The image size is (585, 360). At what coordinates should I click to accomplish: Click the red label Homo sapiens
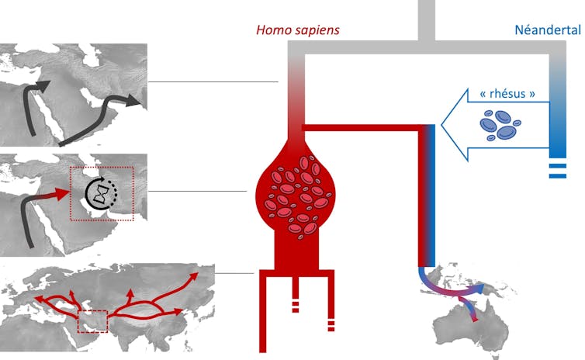298,30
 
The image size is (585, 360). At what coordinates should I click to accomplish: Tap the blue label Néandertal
548,30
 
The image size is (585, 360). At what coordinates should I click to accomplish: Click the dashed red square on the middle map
102,194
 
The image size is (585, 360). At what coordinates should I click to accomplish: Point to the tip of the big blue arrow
445,124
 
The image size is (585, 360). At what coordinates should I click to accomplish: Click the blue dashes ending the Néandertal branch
557,171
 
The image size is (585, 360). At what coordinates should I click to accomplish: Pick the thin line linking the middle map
202,192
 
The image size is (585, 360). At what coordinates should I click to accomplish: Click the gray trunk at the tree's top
426,19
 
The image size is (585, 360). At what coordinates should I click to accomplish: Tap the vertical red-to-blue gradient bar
426,194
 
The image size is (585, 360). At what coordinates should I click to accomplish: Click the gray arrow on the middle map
28,217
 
